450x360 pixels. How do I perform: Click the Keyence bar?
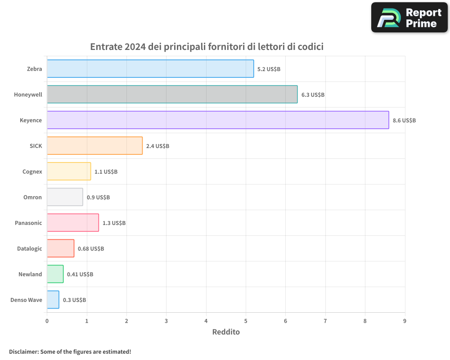pos(218,120)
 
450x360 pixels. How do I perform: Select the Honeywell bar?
pos(172,94)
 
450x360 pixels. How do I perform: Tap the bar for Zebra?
pos(150,69)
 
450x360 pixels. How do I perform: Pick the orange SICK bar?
pos(94,146)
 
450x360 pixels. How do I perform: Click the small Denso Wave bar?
pos(53,300)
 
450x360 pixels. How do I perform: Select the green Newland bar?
pos(55,274)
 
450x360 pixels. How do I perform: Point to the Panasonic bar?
pos(73,223)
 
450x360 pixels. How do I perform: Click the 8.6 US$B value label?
pos(404,121)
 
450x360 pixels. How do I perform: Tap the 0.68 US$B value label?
pos(90,249)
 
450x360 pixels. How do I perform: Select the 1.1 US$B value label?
pos(106,172)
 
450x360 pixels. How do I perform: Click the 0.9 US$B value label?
pos(98,198)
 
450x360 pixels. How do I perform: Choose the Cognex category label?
pos(32,171)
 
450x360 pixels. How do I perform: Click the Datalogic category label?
pos(29,248)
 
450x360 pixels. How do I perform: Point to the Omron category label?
pos(32,197)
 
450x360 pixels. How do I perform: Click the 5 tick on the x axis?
pos(246,321)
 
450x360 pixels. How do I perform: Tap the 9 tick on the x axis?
pos(405,321)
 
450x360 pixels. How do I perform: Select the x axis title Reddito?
pos(226,332)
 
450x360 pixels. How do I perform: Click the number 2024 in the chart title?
pos(135,47)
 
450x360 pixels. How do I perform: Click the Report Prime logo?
pos(409,18)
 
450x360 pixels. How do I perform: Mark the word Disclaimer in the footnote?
pos(23,351)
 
